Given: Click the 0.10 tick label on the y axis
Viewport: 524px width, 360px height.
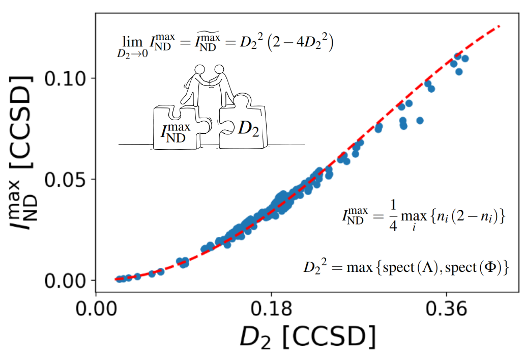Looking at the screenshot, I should pyautogui.click(x=67, y=78).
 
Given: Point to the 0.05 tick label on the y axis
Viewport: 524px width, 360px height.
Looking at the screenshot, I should pyautogui.click(x=67, y=179).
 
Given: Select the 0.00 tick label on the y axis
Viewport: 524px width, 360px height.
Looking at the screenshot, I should pyautogui.click(x=67, y=281).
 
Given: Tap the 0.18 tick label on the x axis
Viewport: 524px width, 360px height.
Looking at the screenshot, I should pyautogui.click(x=271, y=309).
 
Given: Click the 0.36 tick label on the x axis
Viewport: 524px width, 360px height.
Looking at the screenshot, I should pyautogui.click(x=447, y=309).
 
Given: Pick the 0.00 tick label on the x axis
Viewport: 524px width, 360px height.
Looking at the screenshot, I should pyautogui.click(x=96, y=309).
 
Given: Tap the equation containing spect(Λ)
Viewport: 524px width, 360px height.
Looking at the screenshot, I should pyautogui.click(x=406, y=267).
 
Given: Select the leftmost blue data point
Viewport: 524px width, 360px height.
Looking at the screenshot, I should pyautogui.click(x=119, y=279).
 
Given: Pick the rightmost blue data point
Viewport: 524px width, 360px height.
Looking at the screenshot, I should pyautogui.click(x=464, y=59).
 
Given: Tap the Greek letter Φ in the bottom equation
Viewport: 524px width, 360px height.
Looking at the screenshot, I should pyautogui.click(x=493, y=267).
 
